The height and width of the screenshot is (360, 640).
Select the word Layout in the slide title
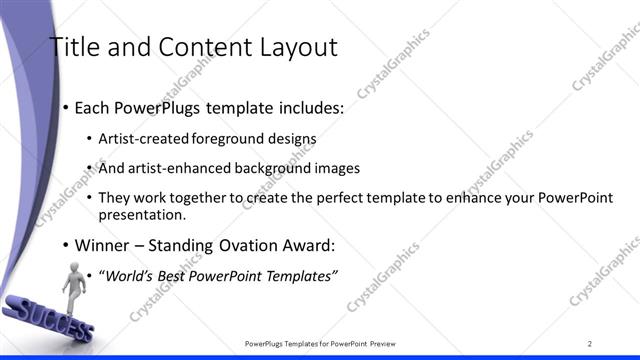click(297, 47)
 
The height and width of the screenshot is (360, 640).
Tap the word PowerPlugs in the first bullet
click(146, 107)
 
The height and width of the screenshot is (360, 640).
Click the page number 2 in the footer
click(590, 344)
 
